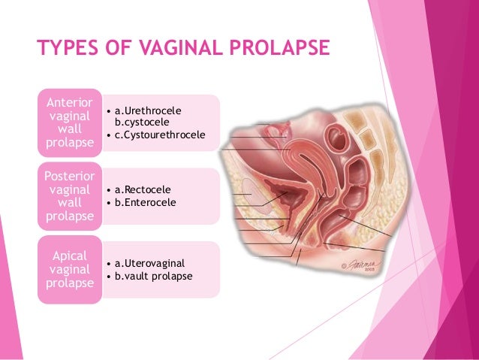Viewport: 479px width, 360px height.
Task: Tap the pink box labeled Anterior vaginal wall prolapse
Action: [70, 122]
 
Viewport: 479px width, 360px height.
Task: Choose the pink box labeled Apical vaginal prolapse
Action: [70, 268]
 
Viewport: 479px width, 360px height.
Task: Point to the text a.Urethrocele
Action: [148, 110]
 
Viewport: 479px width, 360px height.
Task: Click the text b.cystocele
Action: [143, 123]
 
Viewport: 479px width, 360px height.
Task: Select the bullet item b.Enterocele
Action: [146, 202]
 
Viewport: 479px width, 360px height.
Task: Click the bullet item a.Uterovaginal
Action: [149, 264]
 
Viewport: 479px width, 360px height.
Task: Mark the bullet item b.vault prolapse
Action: [152, 276]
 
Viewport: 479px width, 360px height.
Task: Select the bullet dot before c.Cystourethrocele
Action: [110, 135]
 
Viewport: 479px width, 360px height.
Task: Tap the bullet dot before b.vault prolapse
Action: [110, 276]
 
